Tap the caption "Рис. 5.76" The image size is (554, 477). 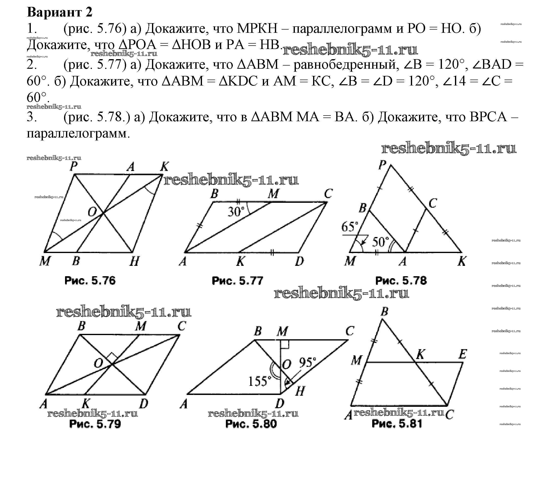(x=90, y=280)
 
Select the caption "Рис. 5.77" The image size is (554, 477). (x=237, y=280)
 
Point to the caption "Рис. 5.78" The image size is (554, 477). (x=401, y=280)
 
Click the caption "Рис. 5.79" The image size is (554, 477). (x=95, y=424)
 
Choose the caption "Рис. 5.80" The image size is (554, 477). (x=251, y=424)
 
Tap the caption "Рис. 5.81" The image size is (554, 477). (x=397, y=424)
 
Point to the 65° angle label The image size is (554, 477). (x=350, y=227)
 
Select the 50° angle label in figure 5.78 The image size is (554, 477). (x=381, y=242)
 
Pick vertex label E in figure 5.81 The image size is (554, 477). (x=463, y=354)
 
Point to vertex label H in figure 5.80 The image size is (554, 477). (x=300, y=392)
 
